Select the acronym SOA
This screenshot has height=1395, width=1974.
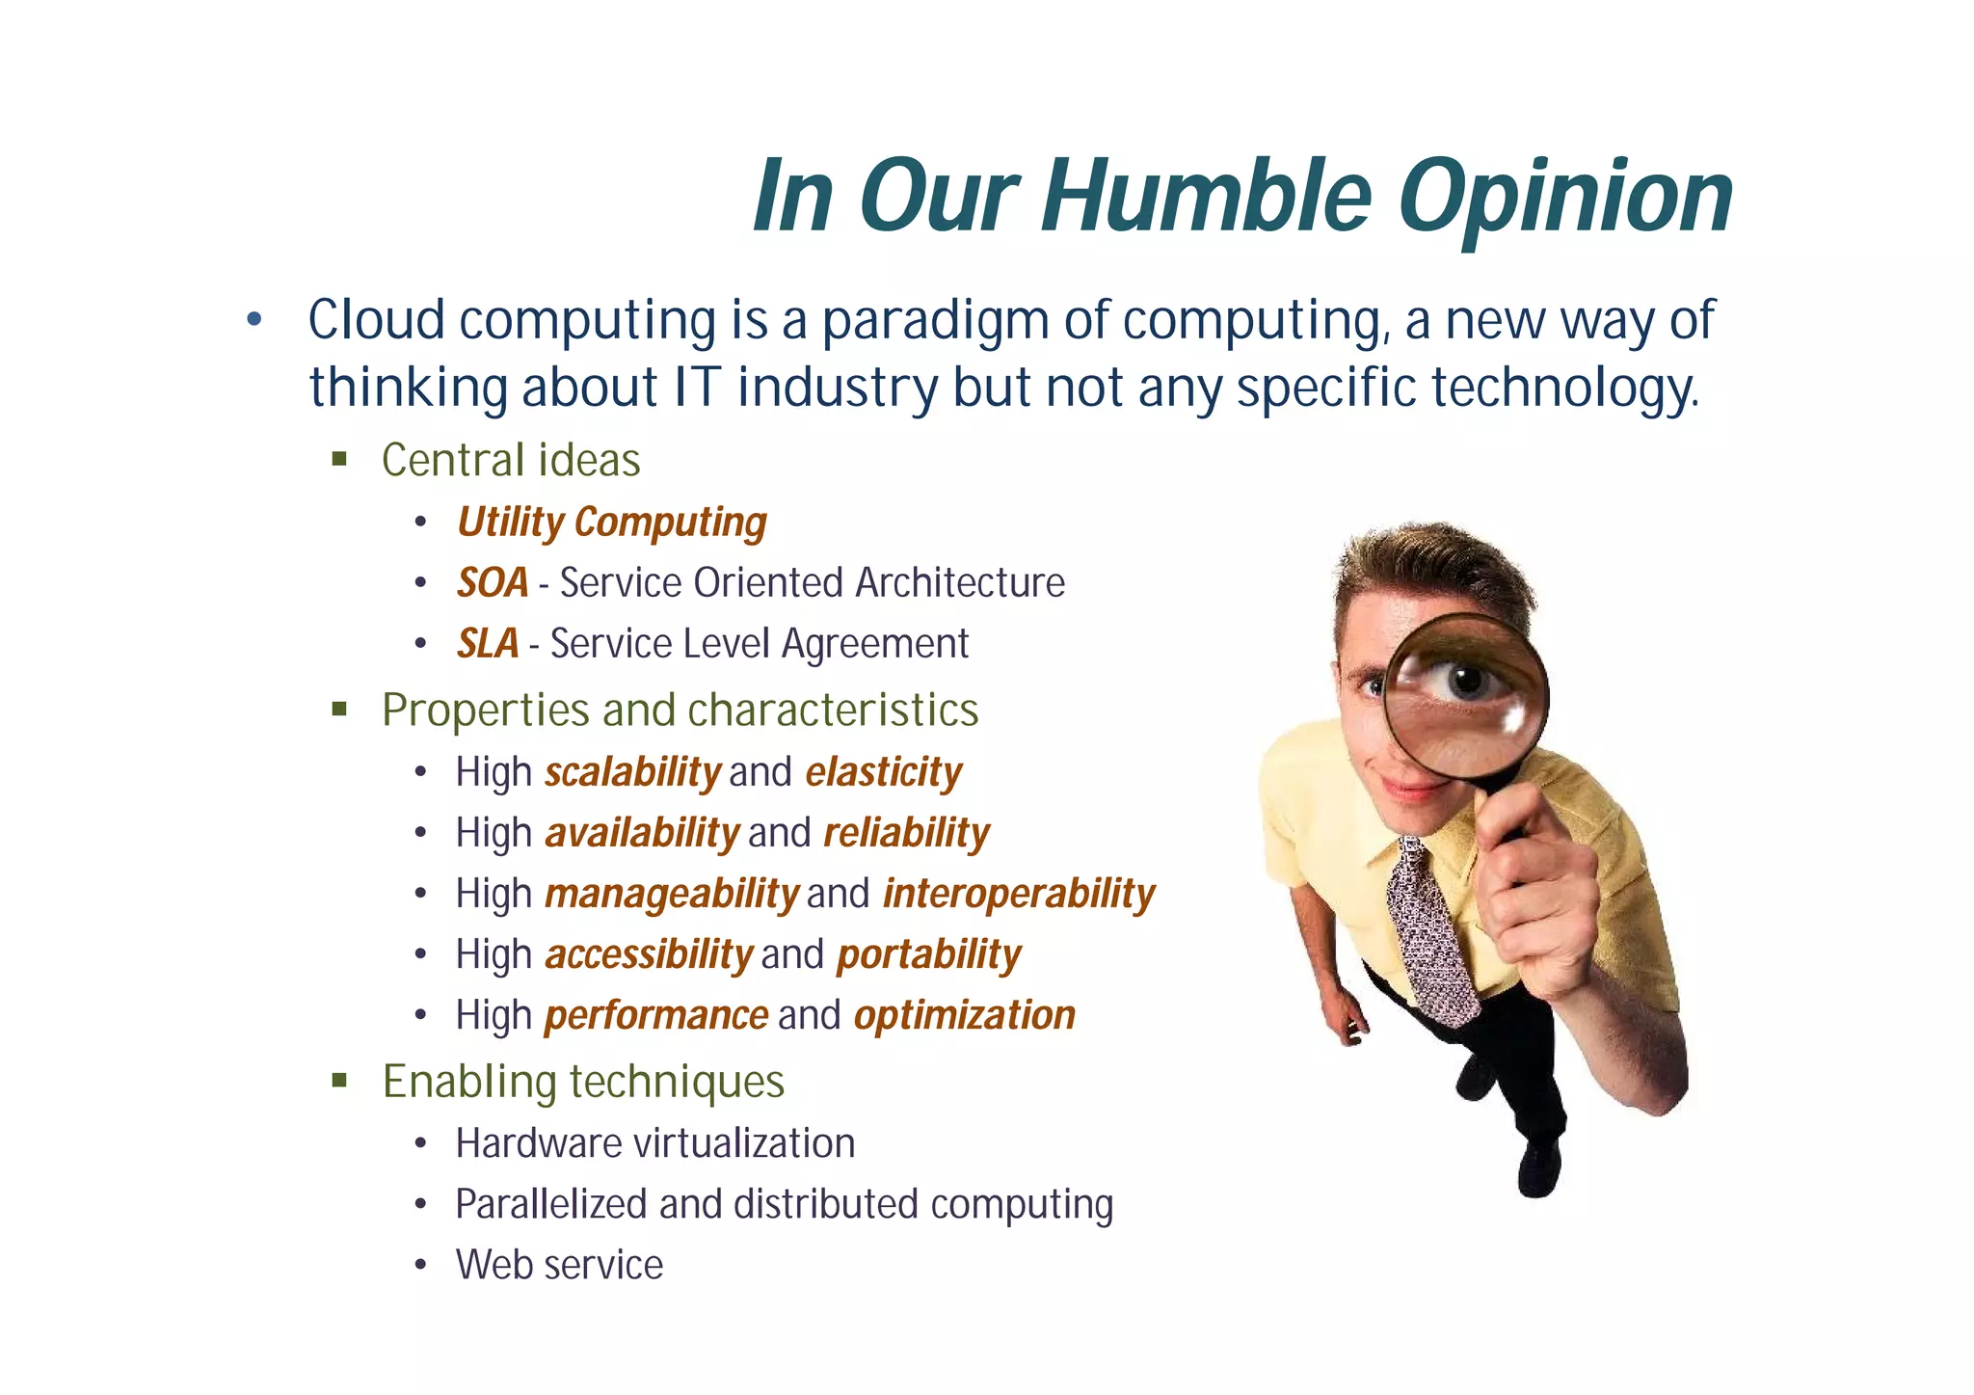click(x=493, y=583)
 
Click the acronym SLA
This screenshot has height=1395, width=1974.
click(x=488, y=644)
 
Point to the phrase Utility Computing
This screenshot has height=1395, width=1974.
click(x=612, y=523)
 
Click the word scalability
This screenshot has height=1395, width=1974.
click(x=632, y=772)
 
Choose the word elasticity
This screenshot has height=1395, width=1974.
click(x=883, y=772)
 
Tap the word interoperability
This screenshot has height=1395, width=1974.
click(x=1018, y=894)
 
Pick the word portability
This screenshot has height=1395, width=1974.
click(x=928, y=954)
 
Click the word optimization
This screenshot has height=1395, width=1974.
click(x=964, y=1015)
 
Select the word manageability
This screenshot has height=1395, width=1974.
click(x=672, y=894)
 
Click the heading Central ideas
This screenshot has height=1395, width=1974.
click(x=511, y=460)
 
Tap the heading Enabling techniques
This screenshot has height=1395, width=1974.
click(x=583, y=1081)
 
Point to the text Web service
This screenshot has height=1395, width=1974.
click(x=559, y=1265)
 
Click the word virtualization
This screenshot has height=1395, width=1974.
click(x=743, y=1143)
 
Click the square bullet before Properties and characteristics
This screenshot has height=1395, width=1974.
click(x=339, y=710)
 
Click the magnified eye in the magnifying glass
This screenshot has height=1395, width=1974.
click(x=1466, y=682)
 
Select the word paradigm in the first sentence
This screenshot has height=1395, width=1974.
click(x=934, y=320)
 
